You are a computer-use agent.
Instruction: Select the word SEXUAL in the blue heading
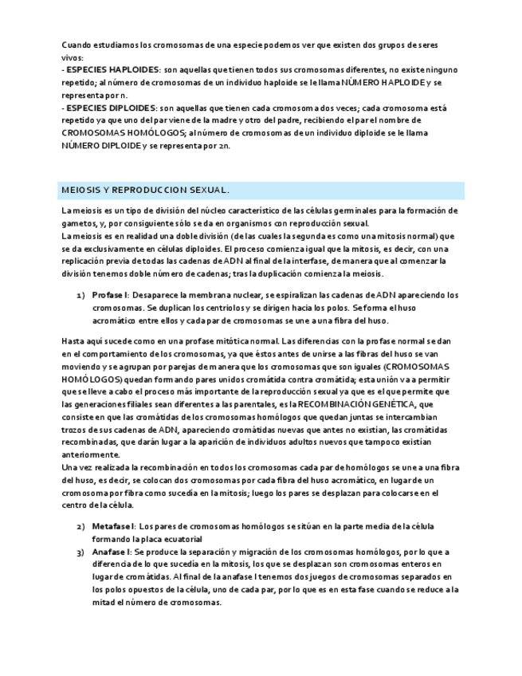(208, 191)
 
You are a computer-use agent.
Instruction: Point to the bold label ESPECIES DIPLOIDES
(112, 108)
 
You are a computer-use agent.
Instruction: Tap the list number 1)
(80, 295)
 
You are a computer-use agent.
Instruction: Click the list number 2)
(80, 527)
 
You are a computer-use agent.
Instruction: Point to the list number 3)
(80, 552)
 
